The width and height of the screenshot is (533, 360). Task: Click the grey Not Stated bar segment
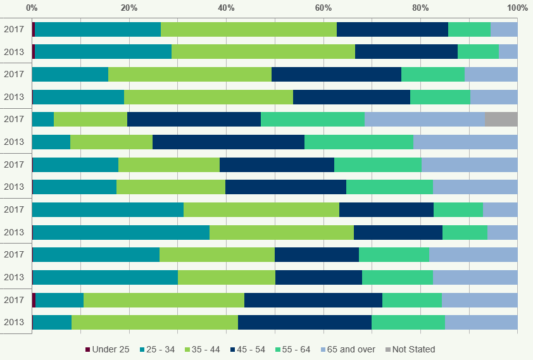pos(501,119)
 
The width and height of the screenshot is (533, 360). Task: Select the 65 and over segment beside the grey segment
pos(424,119)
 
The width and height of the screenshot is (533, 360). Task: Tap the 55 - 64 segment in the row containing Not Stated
pos(312,119)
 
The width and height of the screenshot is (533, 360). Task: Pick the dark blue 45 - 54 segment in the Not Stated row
pos(194,119)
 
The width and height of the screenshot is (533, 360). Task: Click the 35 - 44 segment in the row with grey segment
pos(91,119)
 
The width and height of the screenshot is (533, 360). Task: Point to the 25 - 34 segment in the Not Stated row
pos(43,119)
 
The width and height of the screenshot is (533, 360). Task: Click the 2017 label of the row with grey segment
pos(14,119)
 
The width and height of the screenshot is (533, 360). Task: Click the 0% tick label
pos(32,8)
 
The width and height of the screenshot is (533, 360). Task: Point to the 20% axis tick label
pos(129,8)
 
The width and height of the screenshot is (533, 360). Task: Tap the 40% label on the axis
pos(226,8)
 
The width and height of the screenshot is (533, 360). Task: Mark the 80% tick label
pos(420,8)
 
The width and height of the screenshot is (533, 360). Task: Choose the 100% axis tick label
pos(517,8)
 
